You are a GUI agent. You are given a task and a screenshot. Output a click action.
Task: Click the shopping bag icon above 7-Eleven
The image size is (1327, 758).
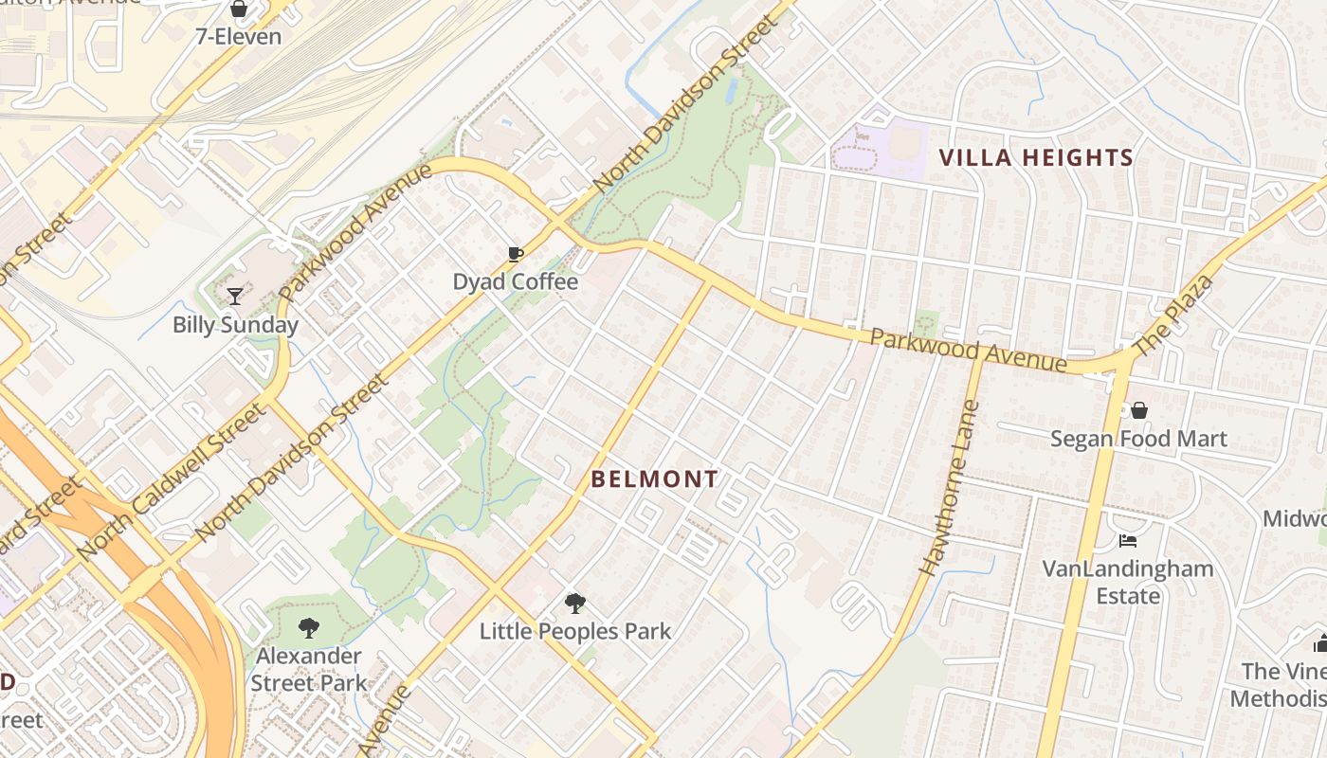click(238, 10)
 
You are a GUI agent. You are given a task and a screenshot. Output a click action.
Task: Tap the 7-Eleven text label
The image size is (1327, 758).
click(239, 37)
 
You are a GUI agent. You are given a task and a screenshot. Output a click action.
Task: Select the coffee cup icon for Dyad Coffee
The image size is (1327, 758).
click(515, 254)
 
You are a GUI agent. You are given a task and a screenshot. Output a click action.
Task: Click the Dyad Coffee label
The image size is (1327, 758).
click(515, 281)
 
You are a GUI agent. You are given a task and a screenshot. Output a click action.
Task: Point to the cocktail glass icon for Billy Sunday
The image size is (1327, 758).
click(234, 297)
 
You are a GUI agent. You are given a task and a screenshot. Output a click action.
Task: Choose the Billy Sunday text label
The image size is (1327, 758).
click(235, 325)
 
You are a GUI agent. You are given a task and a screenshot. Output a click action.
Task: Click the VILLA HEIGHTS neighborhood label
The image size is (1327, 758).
click(1036, 158)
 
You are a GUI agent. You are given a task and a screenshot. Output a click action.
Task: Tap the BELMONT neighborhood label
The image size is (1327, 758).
click(655, 479)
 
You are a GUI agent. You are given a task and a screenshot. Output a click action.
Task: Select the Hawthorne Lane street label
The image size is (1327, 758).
click(950, 488)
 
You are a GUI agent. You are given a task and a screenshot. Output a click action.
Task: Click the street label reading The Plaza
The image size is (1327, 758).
click(1172, 316)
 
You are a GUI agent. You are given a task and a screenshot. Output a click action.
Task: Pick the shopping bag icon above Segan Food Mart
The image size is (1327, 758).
click(1138, 410)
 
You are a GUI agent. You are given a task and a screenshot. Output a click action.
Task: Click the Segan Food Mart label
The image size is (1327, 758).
click(1138, 439)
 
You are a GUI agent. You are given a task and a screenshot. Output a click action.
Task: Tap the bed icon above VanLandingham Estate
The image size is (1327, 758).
click(1127, 541)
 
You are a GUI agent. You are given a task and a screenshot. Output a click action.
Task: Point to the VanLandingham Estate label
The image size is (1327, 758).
click(1128, 582)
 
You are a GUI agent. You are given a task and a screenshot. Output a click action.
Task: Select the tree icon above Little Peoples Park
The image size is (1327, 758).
click(574, 604)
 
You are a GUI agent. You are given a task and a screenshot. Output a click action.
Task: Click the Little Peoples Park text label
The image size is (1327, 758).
click(574, 631)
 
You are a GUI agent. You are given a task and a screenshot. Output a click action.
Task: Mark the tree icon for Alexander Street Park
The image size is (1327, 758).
click(308, 627)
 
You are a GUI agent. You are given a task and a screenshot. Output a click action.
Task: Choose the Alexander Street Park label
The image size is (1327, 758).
click(308, 669)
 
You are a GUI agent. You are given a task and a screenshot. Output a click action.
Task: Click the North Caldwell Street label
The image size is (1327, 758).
click(173, 480)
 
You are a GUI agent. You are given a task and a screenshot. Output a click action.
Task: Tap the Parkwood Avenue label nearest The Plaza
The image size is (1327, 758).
click(968, 351)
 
